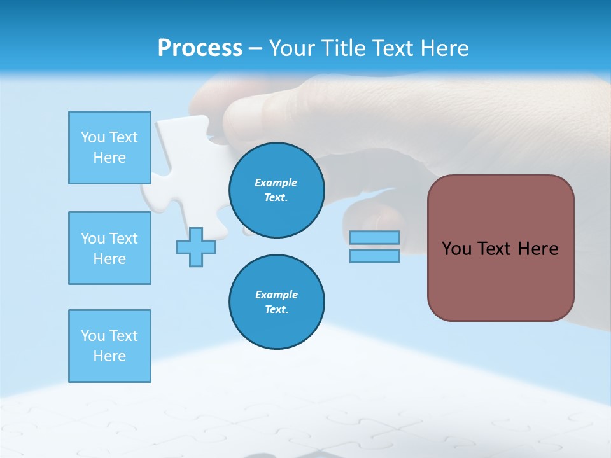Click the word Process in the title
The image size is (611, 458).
coord(200,48)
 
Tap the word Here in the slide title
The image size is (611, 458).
coord(442,48)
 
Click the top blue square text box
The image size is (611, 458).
coord(109,148)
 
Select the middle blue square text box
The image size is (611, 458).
coord(109,248)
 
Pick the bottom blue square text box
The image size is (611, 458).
coord(109,346)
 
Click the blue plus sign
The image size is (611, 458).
coord(196,247)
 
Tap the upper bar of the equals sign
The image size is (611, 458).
coord(374,237)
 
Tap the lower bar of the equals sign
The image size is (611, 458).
coord(374,256)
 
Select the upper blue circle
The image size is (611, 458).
coord(277,190)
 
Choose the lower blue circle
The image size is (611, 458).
coord(277,302)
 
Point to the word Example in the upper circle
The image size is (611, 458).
coord(276,183)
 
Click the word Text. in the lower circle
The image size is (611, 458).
coord(276,310)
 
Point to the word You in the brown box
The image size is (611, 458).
coord(456,249)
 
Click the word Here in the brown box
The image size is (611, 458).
coord(538,249)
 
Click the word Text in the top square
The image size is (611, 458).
coord(123,137)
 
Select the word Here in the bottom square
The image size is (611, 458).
coord(109,356)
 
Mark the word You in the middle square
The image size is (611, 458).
coord(93,239)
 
